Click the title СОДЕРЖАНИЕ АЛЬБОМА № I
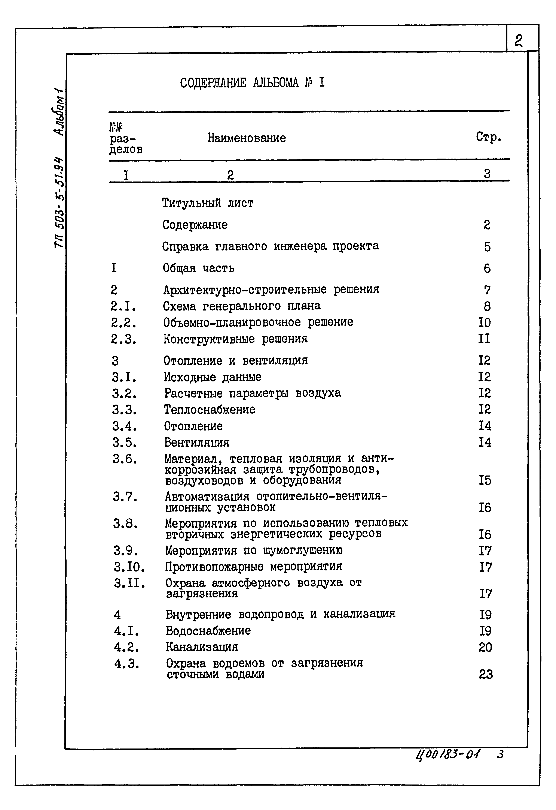[x=252, y=83]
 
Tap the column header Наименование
[x=247, y=138]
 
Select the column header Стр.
[x=488, y=137]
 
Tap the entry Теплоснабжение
[x=210, y=409]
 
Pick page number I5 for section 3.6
[x=485, y=481]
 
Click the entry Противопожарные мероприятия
[x=254, y=567]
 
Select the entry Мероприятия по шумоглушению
[x=254, y=550]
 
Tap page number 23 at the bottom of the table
[x=486, y=675]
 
